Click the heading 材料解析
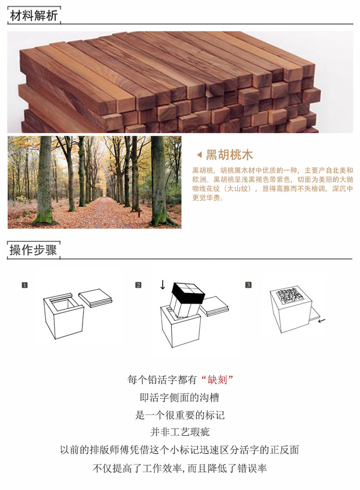[34, 16]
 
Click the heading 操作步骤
[34, 250]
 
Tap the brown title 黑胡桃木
[229, 154]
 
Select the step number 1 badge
[25, 285]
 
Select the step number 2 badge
[138, 285]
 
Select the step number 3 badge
[248, 285]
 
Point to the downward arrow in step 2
[162, 285]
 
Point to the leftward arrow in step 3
[322, 320]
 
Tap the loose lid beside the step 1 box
[95, 298]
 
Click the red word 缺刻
[217, 379]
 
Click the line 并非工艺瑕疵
[180, 432]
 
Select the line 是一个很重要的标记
[180, 415]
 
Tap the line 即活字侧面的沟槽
[180, 398]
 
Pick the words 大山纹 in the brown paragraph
[238, 188]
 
